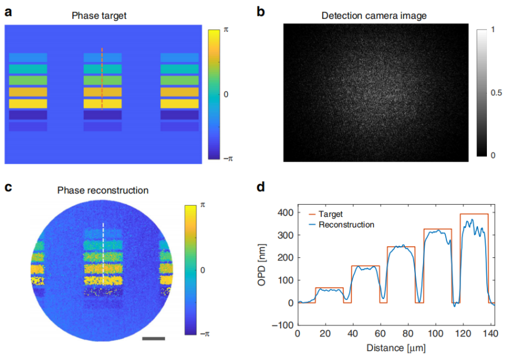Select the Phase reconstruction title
(x=103, y=190)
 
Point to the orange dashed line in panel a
(x=102, y=79)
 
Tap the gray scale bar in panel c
(x=153, y=338)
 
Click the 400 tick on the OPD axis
(x=286, y=212)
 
